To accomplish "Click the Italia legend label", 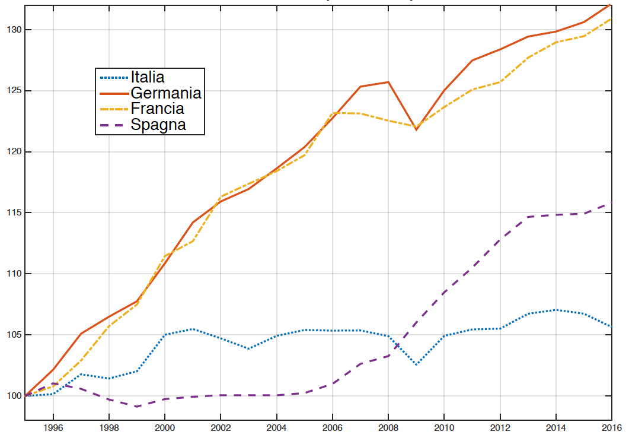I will [148, 77].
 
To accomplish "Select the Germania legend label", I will [166, 93].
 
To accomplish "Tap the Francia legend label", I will [157, 109].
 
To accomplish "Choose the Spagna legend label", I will [158, 125].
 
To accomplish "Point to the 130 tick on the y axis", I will [11, 30].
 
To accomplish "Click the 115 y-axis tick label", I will [11, 212].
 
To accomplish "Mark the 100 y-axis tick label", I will [11, 396].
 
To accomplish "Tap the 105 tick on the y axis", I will [11, 335].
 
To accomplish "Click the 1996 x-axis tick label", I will [53, 428].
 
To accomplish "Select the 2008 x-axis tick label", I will [388, 428].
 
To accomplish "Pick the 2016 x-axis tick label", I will [611, 428].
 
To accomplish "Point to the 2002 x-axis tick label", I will [221, 428].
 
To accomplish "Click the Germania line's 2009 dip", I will [416, 129].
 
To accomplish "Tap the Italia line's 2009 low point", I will [416, 364].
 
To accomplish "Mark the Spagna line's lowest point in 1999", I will [136, 406].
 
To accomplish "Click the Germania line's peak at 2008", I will [388, 82].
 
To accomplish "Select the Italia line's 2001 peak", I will [192, 329].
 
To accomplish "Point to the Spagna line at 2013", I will [528, 217].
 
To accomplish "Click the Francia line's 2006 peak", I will [333, 113].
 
